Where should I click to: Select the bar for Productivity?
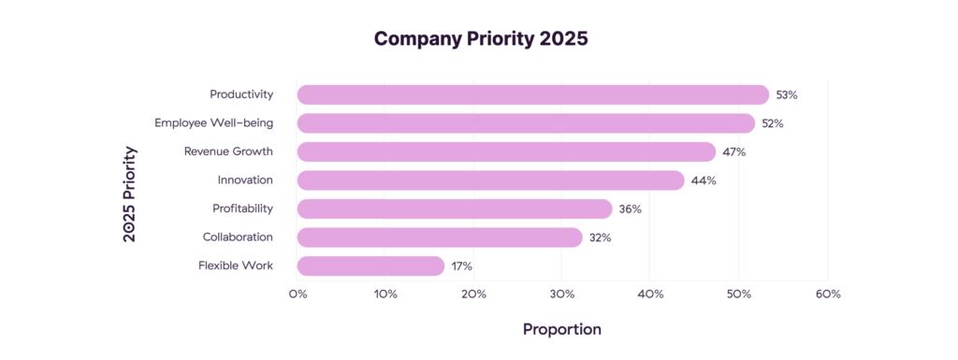532,94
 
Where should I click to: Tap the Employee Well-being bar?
526,123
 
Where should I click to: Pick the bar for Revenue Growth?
506,151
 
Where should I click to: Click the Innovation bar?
490,180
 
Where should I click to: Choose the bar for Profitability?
455,209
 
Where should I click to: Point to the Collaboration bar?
440,238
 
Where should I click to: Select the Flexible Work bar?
370,266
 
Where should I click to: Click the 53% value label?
786,95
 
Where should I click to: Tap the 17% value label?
461,266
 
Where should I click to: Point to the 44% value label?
704,180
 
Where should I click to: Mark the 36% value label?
630,209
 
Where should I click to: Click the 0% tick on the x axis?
298,295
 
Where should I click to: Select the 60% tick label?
828,295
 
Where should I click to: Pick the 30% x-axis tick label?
562,295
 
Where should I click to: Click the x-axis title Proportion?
561,329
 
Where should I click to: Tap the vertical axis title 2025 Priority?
130,194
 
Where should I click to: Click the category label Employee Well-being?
213,123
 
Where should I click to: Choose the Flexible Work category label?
236,266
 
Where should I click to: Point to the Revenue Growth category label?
228,151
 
